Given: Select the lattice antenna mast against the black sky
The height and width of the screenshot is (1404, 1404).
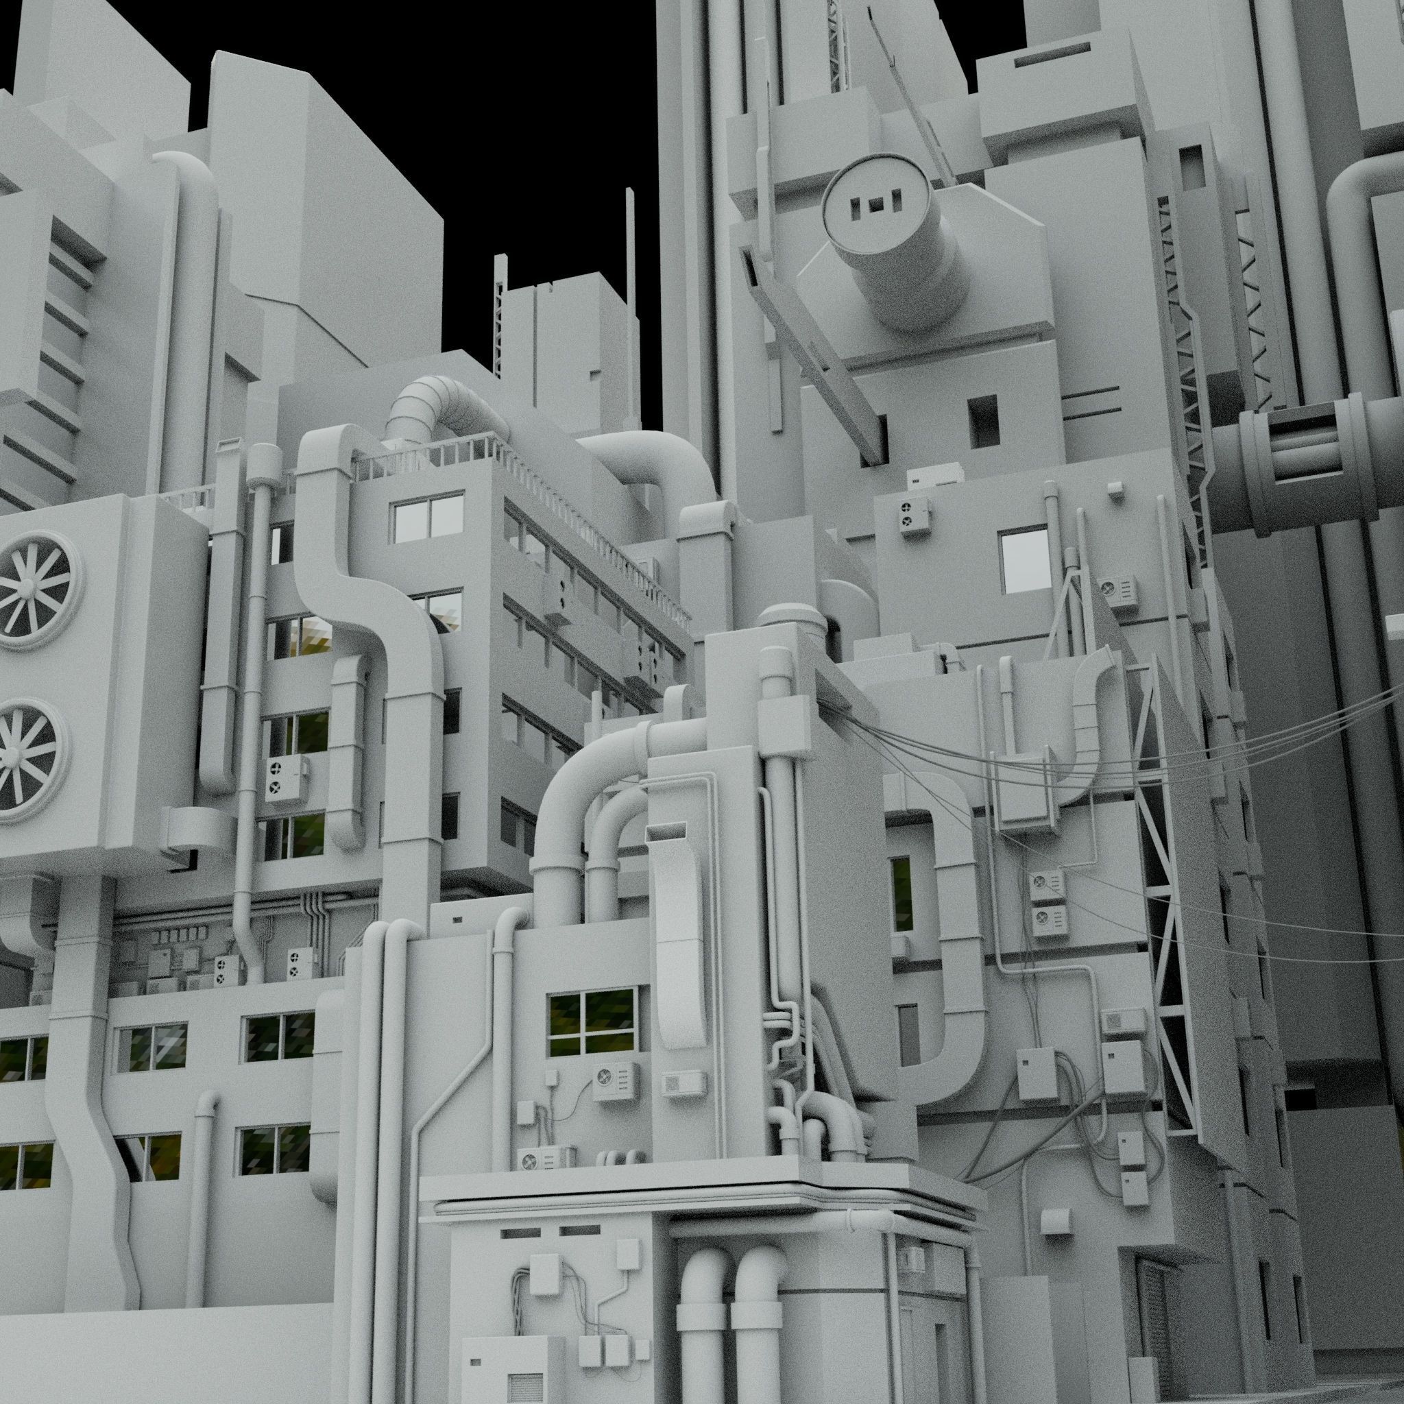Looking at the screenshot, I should click(498, 319).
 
